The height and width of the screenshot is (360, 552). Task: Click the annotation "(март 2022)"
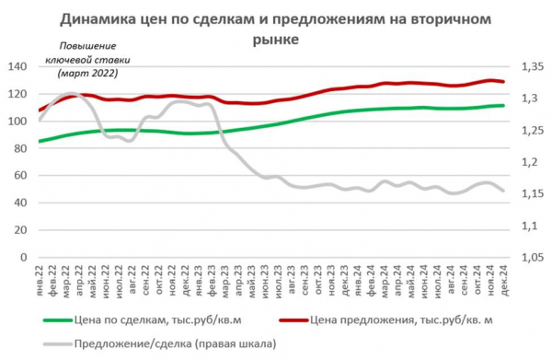point(88,72)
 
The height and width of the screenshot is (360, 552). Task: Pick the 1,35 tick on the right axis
point(535,67)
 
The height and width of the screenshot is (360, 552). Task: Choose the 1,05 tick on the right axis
point(535,257)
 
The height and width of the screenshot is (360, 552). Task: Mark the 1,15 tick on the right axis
point(535,193)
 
